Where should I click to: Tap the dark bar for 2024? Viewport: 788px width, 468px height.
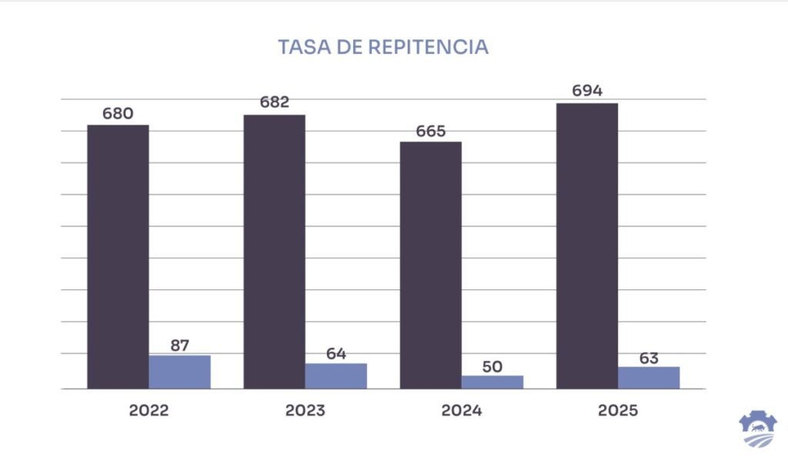coord(431,265)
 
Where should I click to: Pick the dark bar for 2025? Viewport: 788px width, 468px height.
coord(587,246)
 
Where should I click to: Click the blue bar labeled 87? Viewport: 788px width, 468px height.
coord(179,372)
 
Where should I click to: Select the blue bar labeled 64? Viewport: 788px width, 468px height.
coord(336,376)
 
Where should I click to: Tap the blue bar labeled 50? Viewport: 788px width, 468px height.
coord(492,382)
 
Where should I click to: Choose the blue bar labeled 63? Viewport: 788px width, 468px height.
coord(649,377)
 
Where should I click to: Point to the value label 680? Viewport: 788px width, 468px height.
coord(118,114)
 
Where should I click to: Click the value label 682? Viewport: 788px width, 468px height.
coord(275,103)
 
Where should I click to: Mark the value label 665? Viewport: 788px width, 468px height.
coord(431,131)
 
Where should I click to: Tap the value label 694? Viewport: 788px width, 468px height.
coord(587,92)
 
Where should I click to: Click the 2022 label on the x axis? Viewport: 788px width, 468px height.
coord(149,410)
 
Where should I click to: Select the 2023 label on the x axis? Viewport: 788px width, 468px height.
coord(306,410)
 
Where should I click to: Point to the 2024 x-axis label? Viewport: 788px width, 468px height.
coord(462,410)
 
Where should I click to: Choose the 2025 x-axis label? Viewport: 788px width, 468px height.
coord(618,410)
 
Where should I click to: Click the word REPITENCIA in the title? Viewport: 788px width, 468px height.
coord(429,47)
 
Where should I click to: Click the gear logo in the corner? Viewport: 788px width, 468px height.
coord(757,428)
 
